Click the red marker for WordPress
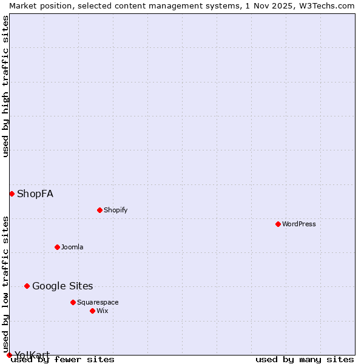click(278, 224)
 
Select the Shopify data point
click(99, 210)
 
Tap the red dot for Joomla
click(57, 247)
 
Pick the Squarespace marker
click(73, 302)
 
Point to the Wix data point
click(92, 311)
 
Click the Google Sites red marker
click(27, 286)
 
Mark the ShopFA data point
click(12, 194)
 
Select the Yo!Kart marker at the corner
click(9, 355)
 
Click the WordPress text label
click(299, 224)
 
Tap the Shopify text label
click(115, 210)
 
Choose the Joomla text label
click(72, 247)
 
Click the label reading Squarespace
click(98, 302)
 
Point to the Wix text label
click(102, 311)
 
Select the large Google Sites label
click(62, 286)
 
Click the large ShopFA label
click(35, 194)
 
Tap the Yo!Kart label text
click(32, 354)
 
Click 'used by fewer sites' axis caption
click(63, 359)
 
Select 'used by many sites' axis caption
click(305, 359)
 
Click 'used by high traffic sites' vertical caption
click(5, 86)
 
